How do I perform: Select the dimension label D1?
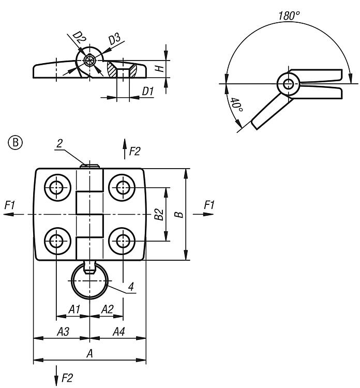click(148, 92)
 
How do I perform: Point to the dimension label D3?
click(114, 39)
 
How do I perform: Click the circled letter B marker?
click(16, 142)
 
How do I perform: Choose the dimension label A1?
click(74, 309)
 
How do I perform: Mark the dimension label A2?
click(107, 309)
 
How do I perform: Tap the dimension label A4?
click(118, 332)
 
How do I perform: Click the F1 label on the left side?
click(10, 205)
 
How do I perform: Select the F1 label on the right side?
click(209, 205)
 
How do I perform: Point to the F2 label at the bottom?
click(67, 378)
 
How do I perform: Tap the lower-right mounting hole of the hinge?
click(123, 241)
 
